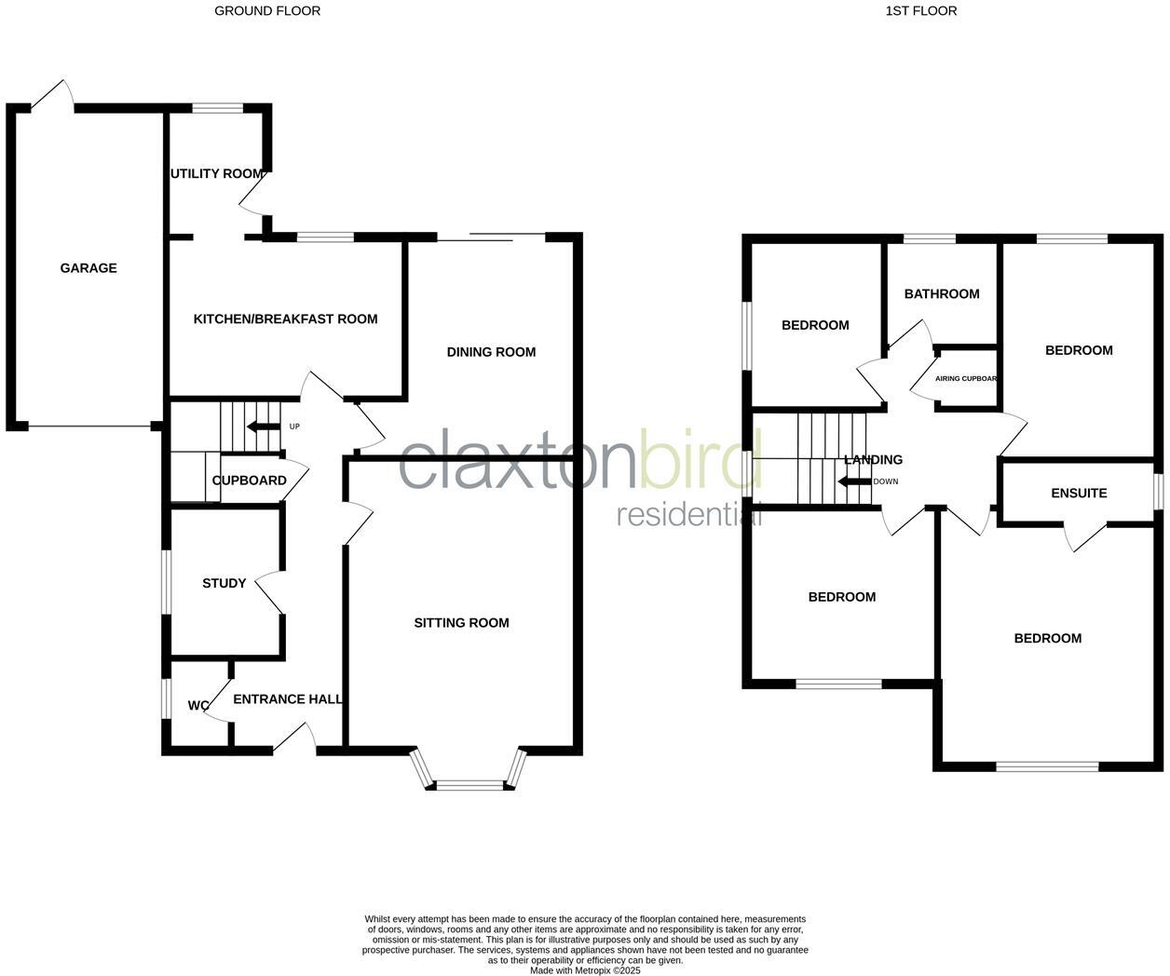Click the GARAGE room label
[x=88, y=268]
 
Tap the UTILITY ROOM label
[x=216, y=174]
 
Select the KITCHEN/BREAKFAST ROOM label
[x=285, y=319]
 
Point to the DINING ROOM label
[x=491, y=352]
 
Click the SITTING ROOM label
[x=461, y=623]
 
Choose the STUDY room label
[x=224, y=584]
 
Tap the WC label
[x=198, y=706]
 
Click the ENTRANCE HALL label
[x=287, y=699]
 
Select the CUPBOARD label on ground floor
[x=249, y=481]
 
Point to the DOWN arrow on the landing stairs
[x=854, y=481]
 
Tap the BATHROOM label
[x=942, y=294]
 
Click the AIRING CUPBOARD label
[x=966, y=379]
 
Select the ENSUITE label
[x=1079, y=494]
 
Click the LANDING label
[x=873, y=460]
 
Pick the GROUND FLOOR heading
[x=267, y=11]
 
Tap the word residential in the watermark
[x=688, y=515]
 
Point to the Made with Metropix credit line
[x=585, y=970]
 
